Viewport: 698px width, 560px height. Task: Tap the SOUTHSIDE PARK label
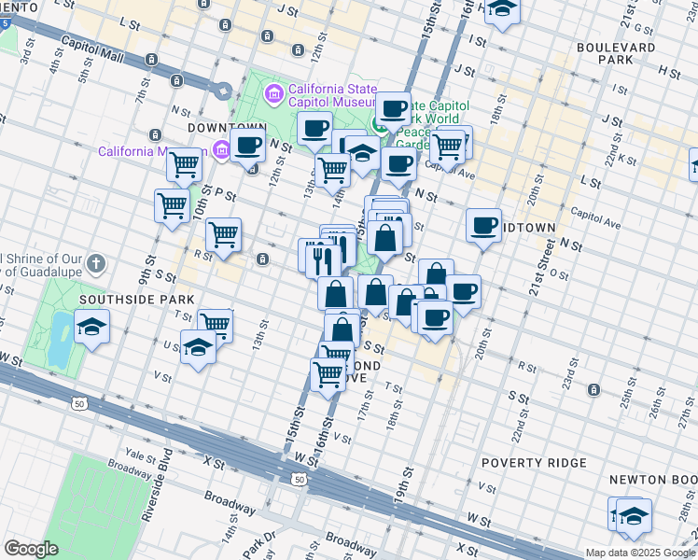coord(136,300)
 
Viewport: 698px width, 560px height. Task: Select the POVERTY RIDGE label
coord(534,463)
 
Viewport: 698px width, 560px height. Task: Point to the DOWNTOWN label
coord(228,127)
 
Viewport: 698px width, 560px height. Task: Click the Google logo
coord(31,548)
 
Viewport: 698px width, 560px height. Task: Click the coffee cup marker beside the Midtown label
coord(484,225)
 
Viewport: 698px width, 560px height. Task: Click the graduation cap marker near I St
coord(502,10)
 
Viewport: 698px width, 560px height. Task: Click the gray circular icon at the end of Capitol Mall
coord(223,91)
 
